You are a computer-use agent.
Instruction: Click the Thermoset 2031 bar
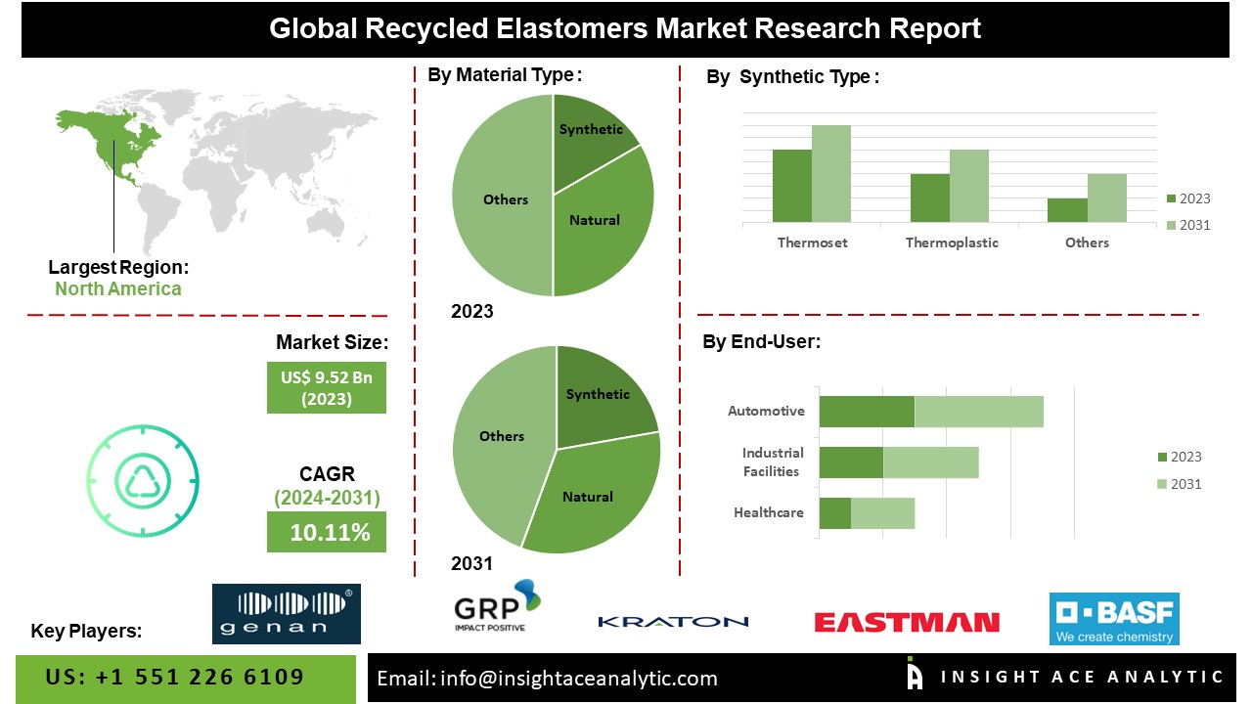831,174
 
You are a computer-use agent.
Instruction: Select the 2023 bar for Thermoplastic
930,198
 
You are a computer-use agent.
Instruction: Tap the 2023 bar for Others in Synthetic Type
1067,210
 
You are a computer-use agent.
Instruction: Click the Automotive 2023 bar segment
867,412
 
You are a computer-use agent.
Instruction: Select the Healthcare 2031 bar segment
882,513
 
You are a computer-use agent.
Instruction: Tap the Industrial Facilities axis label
773,462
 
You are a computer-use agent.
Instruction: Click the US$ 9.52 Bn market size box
327,388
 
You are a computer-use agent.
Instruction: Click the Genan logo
287,614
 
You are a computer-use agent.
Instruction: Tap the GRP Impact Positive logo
497,606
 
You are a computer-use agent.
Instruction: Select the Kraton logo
673,622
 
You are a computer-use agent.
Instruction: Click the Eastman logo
907,623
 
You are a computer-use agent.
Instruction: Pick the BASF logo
1114,619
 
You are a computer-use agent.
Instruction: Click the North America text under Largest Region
118,288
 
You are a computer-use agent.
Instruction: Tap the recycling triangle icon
143,480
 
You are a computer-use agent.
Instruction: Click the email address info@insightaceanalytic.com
578,679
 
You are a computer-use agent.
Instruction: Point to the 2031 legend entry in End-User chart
1179,484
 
